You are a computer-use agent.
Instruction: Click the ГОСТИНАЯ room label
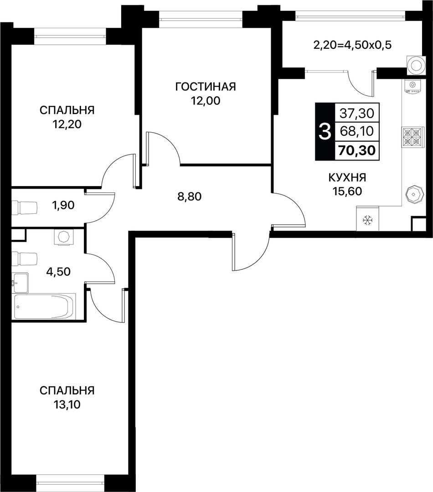[x=206, y=86]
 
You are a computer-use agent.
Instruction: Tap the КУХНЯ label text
[x=347, y=177]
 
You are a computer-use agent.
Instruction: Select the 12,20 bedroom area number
[x=67, y=124]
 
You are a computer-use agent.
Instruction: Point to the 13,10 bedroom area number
[x=67, y=405]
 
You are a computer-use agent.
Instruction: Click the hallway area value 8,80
[x=189, y=197]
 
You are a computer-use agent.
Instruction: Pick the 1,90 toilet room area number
[x=63, y=205]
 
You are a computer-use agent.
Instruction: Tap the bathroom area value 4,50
[x=58, y=271]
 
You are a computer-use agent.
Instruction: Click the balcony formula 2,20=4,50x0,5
[x=352, y=46]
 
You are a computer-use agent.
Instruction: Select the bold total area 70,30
[x=357, y=150]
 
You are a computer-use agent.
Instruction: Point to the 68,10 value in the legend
[x=357, y=131]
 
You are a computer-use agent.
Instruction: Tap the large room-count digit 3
[x=325, y=132]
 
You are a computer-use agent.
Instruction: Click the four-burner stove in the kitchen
[x=412, y=137]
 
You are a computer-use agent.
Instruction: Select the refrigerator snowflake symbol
[x=367, y=220]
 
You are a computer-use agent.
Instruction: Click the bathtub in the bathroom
[x=44, y=306]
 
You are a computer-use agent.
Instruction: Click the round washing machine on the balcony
[x=417, y=66]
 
